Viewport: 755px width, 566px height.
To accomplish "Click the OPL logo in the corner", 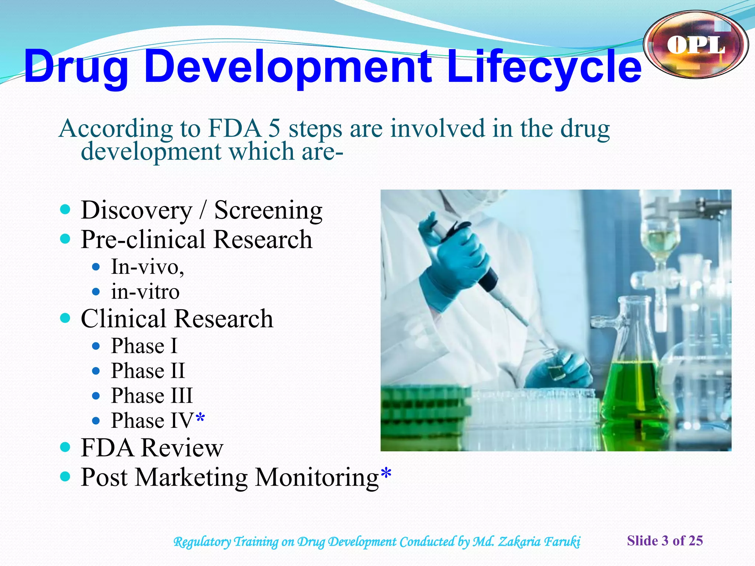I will coord(696,44).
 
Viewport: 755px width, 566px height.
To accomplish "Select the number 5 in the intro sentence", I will coord(274,129).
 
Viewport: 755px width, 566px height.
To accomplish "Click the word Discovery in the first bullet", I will coord(136,210).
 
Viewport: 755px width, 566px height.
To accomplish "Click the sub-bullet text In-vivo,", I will coord(147,266).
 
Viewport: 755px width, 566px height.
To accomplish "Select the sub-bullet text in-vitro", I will coord(145,291).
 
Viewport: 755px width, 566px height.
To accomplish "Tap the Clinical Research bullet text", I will coord(177,318).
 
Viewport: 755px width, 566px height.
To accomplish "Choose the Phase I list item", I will coord(144,346).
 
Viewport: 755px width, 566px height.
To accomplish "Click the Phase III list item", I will coord(152,395).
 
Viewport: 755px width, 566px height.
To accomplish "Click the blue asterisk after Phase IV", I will coord(200,418).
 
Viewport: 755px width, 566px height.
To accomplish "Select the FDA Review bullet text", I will coord(152,448).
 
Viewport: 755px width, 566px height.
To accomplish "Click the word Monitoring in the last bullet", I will coord(317,478).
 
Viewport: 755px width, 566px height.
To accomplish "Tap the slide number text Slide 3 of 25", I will coord(665,541).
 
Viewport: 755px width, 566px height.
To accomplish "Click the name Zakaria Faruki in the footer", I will coord(539,542).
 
